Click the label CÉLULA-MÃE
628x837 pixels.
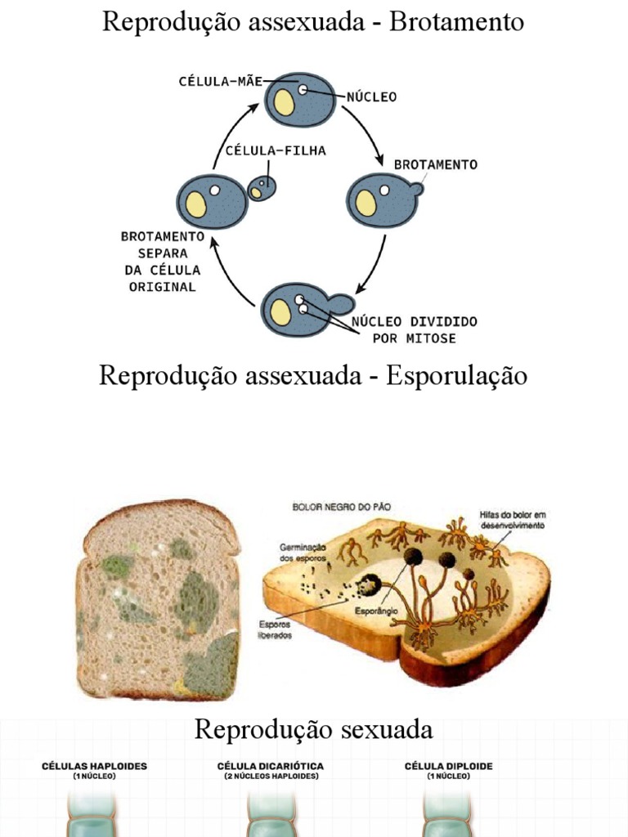pos(220,81)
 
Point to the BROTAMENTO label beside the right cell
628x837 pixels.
pos(436,164)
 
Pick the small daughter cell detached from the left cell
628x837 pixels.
pos(262,189)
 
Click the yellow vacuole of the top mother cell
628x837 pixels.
pos(284,102)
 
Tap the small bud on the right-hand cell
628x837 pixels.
pos(416,190)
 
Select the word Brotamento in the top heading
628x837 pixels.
pos(456,22)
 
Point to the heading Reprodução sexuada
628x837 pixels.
pos(313,728)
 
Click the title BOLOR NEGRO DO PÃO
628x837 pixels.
pos(342,507)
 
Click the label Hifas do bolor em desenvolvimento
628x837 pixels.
pos(512,520)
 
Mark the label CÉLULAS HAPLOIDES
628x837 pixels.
pos(95,766)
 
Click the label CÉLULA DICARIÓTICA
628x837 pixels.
pos(271,766)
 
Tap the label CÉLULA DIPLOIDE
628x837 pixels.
pos(449,766)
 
